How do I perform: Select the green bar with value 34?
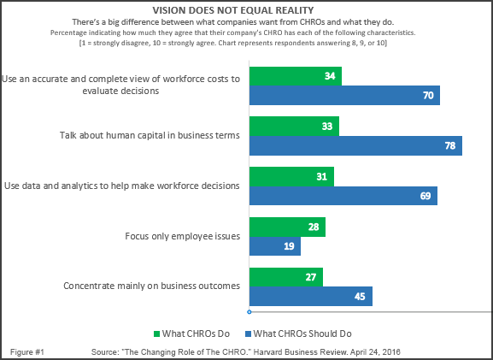(x=295, y=77)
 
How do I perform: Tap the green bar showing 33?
(x=293, y=126)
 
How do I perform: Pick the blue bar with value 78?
(x=355, y=145)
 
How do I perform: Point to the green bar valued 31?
(x=291, y=175)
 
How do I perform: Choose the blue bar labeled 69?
(x=343, y=196)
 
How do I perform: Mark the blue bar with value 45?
(x=310, y=296)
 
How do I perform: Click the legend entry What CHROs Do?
(x=192, y=333)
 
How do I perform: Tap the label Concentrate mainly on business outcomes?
(x=151, y=286)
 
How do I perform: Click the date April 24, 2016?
(x=374, y=352)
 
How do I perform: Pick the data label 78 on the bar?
(x=450, y=146)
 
